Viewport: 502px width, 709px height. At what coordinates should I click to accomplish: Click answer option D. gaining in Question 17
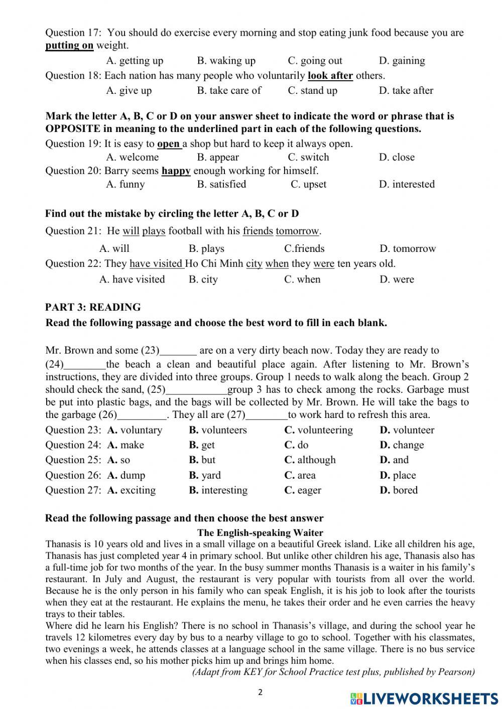coord(402,61)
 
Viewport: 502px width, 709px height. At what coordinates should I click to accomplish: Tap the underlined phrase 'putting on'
coord(69,46)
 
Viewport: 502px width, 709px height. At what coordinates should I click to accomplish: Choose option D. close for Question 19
coord(397,157)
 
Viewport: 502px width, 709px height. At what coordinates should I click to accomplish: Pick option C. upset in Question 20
coord(308,184)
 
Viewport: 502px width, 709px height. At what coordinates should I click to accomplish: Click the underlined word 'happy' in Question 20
coord(176,171)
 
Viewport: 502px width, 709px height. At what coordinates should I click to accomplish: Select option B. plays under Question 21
coord(206,249)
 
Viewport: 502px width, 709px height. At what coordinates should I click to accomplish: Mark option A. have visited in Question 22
coord(132,279)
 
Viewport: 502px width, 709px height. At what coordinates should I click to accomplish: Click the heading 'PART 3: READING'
coord(93,307)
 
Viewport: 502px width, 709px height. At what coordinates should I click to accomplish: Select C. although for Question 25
coord(310,460)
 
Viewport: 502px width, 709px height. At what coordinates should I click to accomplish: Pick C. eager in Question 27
coord(302,491)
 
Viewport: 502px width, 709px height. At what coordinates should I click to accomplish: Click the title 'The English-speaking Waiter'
coord(260,533)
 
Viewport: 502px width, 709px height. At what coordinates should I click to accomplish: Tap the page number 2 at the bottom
coord(260,692)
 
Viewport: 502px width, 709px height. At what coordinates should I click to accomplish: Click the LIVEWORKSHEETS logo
coord(424,698)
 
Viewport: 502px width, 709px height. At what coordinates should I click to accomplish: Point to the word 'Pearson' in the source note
coord(455,672)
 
